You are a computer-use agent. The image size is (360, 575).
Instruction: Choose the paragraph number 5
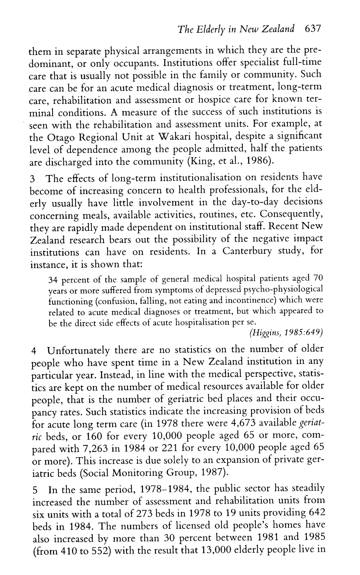36,490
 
